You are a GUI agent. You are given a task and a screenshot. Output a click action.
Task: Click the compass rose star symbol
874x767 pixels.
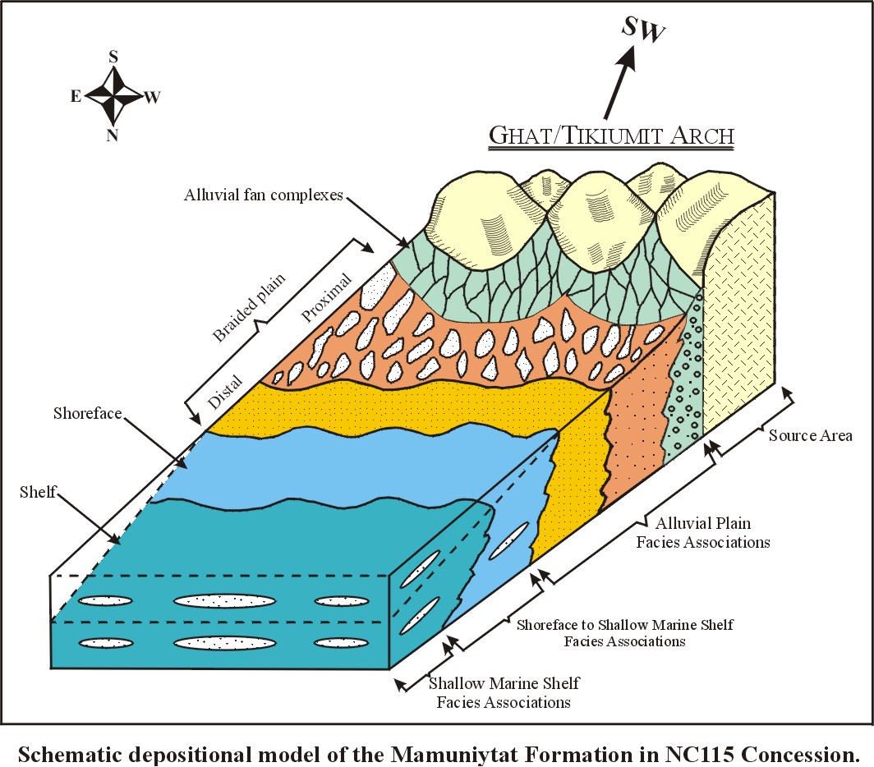point(113,96)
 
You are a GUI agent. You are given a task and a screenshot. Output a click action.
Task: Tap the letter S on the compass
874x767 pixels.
point(113,57)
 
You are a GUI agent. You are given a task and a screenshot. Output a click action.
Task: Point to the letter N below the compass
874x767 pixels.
point(113,135)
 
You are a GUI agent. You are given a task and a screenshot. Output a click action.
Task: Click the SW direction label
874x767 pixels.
point(643,28)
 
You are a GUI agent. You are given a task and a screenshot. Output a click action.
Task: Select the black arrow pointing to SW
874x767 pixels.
point(619,80)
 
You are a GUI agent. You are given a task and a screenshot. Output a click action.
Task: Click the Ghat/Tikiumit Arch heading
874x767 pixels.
point(611,135)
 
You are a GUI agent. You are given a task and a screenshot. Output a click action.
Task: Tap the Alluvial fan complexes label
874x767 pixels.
point(264,195)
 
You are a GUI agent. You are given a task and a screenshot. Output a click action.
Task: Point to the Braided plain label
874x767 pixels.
point(249,307)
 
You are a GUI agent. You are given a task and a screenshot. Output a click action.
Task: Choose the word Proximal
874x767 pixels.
point(327,297)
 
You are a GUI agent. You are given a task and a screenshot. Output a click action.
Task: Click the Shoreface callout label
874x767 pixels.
point(88,413)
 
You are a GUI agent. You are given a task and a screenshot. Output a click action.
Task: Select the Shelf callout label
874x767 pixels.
point(38,492)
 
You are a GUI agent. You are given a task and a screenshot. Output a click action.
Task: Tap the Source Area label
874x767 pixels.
point(811,435)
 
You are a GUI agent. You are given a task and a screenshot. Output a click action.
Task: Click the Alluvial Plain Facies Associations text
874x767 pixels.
point(703,532)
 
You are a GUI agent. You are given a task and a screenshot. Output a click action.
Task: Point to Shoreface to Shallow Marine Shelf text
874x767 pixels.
point(624,625)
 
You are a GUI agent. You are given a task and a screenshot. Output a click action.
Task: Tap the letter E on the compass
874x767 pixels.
point(76,96)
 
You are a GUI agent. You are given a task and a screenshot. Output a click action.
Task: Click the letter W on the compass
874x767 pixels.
point(153,98)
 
